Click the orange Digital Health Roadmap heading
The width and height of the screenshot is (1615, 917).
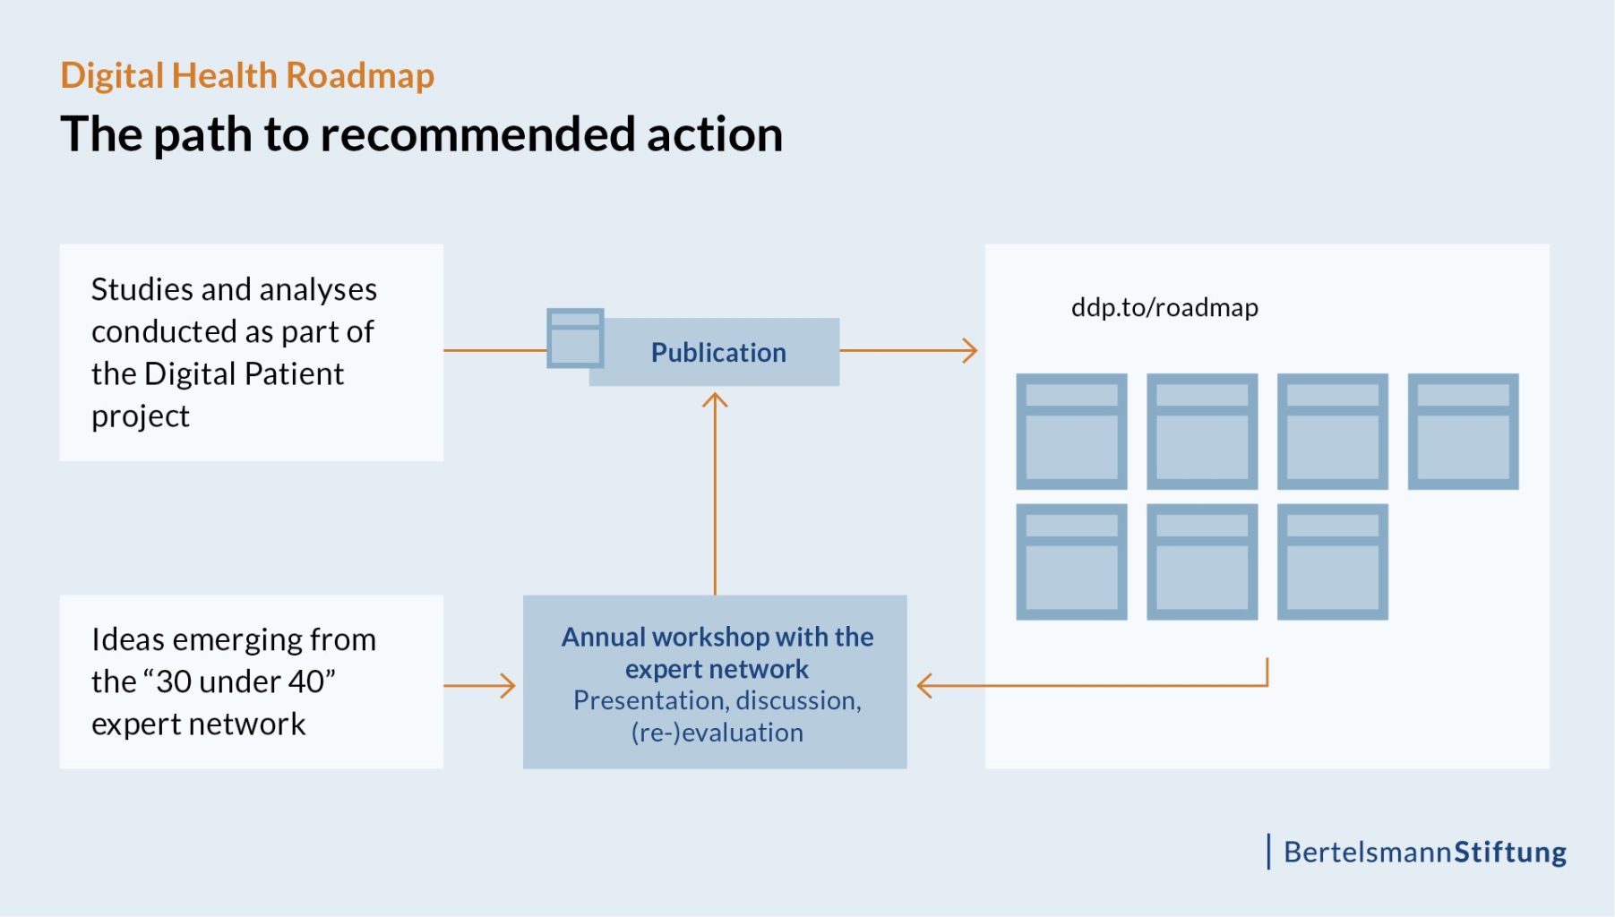pos(247,75)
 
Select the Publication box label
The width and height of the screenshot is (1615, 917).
pos(718,353)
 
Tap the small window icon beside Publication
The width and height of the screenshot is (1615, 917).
pos(575,339)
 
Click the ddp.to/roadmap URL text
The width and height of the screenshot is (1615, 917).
pos(1164,308)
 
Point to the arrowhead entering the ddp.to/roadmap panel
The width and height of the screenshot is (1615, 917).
pos(970,350)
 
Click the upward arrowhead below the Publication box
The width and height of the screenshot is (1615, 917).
pos(715,399)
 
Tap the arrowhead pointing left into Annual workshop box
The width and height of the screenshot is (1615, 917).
pos(925,686)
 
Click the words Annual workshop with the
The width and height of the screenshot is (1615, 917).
pos(717,637)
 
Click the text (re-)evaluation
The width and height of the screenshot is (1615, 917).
pos(717,733)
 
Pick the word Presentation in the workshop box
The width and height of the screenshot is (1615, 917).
pos(637,700)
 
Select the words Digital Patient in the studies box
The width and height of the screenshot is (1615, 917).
pos(244,373)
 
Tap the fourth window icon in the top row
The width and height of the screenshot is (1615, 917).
pos(1463,432)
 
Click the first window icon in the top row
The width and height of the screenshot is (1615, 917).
pos(1071,432)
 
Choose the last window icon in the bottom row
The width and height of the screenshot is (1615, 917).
pos(1332,561)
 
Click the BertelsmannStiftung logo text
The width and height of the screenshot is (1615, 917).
pos(1424,852)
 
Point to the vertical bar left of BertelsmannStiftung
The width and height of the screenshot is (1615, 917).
pos(1268,852)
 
